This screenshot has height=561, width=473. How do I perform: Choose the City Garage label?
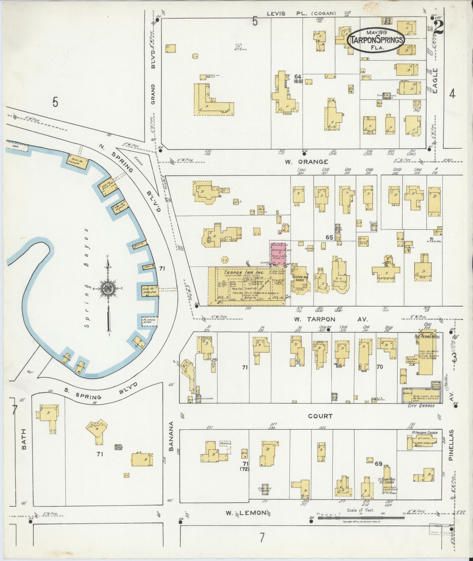(x=421, y=406)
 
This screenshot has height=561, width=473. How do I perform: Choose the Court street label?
(x=320, y=416)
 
